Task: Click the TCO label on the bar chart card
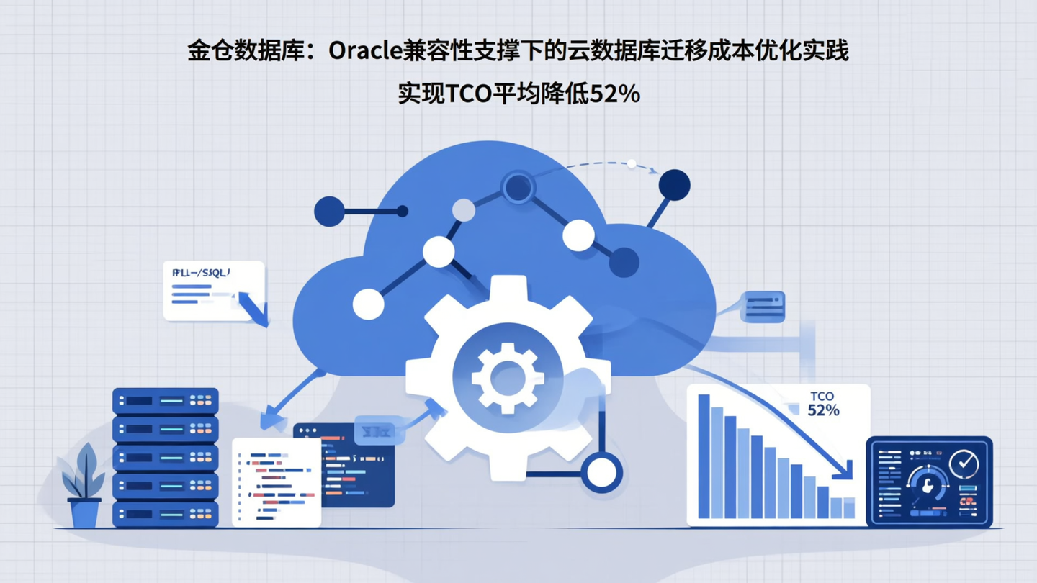click(822, 397)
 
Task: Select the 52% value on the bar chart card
click(823, 410)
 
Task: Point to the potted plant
click(84, 486)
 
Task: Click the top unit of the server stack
click(165, 400)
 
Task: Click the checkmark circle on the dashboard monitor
click(964, 464)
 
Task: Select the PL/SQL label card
click(213, 290)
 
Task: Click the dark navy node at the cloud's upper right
click(674, 186)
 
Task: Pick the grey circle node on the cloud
click(464, 210)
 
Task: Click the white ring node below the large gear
click(601, 473)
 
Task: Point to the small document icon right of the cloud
click(764, 307)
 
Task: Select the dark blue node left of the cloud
click(329, 212)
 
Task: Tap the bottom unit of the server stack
click(165, 513)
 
